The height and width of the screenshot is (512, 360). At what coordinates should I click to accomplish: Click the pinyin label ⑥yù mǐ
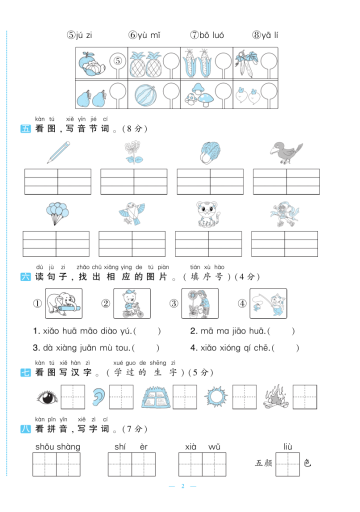[x=144, y=35]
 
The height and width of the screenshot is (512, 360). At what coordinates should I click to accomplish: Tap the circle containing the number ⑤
[x=117, y=60]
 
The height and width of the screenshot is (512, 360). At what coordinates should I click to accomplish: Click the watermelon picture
[x=145, y=95]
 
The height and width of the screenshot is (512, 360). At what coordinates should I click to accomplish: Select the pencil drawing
[x=58, y=152]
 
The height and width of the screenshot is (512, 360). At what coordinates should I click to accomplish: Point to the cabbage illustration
[x=210, y=152]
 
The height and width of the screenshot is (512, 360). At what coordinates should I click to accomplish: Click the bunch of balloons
[x=57, y=213]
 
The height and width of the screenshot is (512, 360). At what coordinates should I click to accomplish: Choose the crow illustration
[x=286, y=152]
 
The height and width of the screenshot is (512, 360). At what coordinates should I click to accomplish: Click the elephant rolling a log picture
[x=63, y=303]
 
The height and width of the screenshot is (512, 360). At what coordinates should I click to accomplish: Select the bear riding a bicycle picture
[x=132, y=303]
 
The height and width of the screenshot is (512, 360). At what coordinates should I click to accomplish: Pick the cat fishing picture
[x=268, y=303]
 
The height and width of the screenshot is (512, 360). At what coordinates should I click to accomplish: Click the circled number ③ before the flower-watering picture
[x=174, y=303]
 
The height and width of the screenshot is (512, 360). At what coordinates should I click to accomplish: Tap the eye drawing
[x=47, y=397]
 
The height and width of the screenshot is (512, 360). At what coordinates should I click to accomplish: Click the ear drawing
[x=98, y=396]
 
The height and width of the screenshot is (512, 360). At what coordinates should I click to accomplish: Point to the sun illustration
[x=215, y=396]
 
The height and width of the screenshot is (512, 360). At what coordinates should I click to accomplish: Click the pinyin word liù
[x=287, y=446]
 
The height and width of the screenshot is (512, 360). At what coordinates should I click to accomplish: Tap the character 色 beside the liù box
[x=307, y=463]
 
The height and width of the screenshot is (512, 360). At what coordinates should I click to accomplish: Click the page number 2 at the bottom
[x=182, y=486]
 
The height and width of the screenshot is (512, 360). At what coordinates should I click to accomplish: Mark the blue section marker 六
[x=25, y=277]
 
